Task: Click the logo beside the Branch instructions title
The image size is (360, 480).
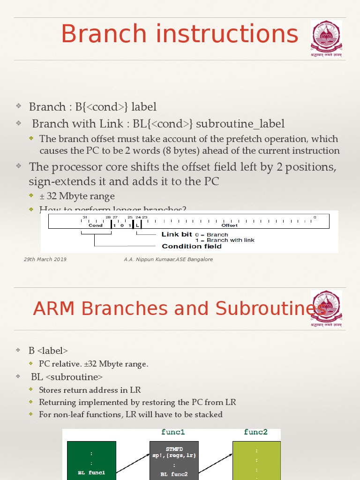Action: (x=327, y=38)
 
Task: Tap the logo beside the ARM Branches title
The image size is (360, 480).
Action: (x=327, y=308)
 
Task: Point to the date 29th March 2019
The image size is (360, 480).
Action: (x=45, y=259)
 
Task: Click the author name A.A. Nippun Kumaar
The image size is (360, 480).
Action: (x=150, y=259)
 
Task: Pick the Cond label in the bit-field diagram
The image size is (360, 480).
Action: (x=96, y=225)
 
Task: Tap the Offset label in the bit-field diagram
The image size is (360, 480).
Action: (x=230, y=225)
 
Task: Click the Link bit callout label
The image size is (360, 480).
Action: (x=177, y=234)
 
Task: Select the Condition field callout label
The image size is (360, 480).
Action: (x=192, y=246)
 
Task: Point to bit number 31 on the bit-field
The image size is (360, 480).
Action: (x=85, y=217)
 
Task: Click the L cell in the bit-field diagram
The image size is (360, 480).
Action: (x=137, y=225)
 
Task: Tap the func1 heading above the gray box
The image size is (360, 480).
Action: (x=173, y=432)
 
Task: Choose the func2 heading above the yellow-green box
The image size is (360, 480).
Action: (x=256, y=432)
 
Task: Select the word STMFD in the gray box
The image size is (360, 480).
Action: (x=174, y=449)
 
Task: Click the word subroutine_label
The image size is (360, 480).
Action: (x=240, y=124)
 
